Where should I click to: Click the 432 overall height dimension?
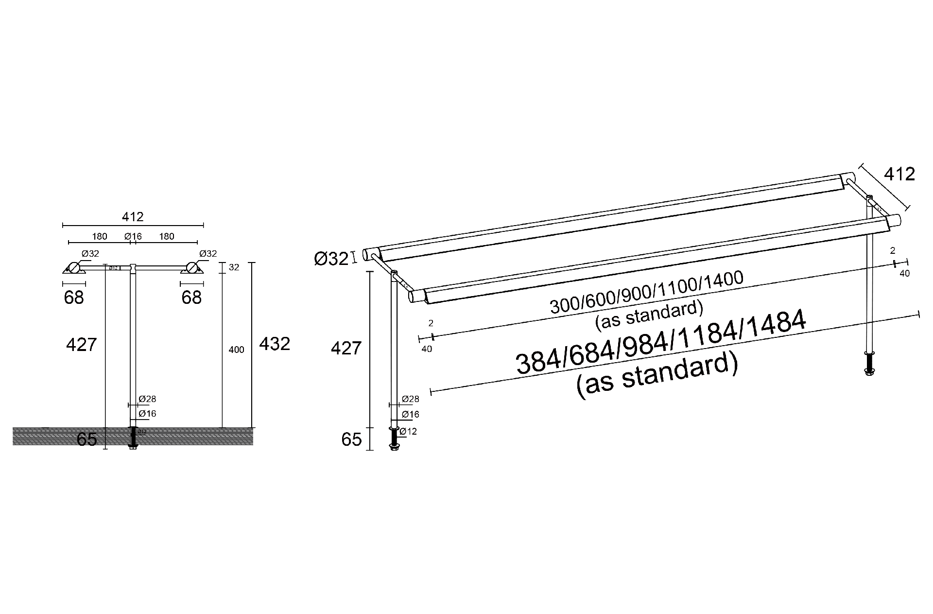pos(275,344)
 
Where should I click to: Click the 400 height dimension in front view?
pos(236,350)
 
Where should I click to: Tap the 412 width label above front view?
pos(133,217)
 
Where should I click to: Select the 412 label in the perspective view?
pos(899,174)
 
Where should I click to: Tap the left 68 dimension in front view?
pos(74,298)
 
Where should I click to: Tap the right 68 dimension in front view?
pos(191,298)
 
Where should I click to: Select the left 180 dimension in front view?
pos(100,237)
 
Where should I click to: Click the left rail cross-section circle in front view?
pos(73,268)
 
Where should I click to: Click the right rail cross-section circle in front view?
pos(191,268)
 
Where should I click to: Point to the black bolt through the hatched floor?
pos(133,437)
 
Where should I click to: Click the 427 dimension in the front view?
pos(81,345)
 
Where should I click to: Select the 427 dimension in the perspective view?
pos(346,348)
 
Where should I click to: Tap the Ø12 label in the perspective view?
pos(408,431)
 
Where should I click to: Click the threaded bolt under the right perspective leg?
pos(869,362)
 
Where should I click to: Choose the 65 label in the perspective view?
pos(351,439)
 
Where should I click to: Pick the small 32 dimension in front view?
pos(234,267)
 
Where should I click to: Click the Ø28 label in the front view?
pos(147,399)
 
